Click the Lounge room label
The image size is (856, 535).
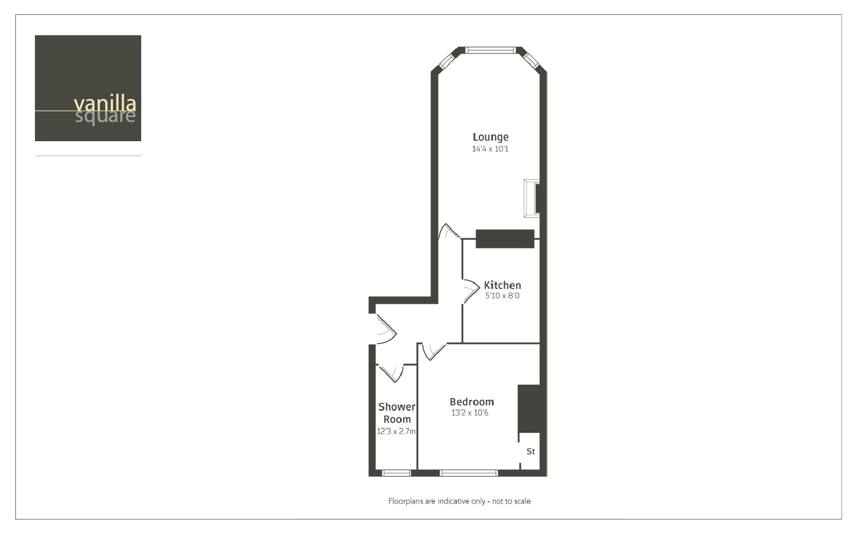(x=490, y=137)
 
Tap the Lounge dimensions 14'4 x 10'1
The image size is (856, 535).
(x=490, y=149)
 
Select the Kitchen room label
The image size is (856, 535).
(x=502, y=285)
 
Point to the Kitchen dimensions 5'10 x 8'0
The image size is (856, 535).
(x=502, y=296)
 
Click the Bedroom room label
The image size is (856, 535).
(x=471, y=402)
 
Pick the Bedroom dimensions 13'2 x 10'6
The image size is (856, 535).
(x=470, y=413)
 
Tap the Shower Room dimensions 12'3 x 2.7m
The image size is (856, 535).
(x=396, y=431)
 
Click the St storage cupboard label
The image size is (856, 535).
(x=530, y=451)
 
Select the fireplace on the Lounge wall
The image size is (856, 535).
(x=531, y=198)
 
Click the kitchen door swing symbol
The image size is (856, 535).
(x=470, y=291)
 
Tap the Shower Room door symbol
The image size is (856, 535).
(x=391, y=373)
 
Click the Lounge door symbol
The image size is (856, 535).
(x=448, y=232)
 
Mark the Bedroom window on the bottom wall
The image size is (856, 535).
(x=469, y=473)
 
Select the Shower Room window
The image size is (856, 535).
(x=396, y=473)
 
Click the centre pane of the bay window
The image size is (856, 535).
(x=490, y=50)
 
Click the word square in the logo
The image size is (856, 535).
(x=105, y=117)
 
